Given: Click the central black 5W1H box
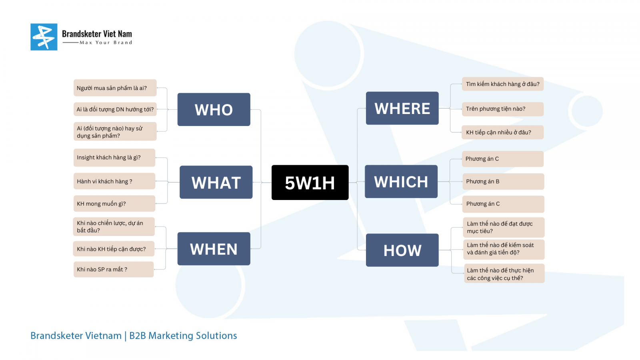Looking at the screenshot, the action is click(x=310, y=182).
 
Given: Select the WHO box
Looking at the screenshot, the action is click(x=214, y=110).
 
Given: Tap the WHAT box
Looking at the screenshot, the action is click(x=216, y=182).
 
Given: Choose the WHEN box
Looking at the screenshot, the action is click(x=214, y=249).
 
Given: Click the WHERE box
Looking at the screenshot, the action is click(x=402, y=108).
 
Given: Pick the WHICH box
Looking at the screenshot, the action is click(x=401, y=182).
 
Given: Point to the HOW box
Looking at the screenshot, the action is click(x=402, y=250).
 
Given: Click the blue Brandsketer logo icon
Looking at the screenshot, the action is click(x=44, y=37).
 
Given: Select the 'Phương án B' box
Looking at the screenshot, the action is click(x=504, y=182).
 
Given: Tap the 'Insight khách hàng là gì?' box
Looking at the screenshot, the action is click(x=114, y=158).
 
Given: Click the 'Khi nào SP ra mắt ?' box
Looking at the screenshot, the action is click(x=114, y=270).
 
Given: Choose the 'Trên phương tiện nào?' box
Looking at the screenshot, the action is click(x=503, y=109).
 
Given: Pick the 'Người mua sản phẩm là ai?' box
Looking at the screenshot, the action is click(x=115, y=88).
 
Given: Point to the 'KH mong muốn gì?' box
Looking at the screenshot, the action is click(x=114, y=204).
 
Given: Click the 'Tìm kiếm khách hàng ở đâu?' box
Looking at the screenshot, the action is click(x=503, y=84).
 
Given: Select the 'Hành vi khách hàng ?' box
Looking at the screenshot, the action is click(x=114, y=181).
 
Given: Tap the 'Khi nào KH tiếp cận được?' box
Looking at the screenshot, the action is click(x=114, y=249).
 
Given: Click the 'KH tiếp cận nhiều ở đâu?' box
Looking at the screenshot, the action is click(x=502, y=132).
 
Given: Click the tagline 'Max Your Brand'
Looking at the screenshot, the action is click(x=106, y=42).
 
